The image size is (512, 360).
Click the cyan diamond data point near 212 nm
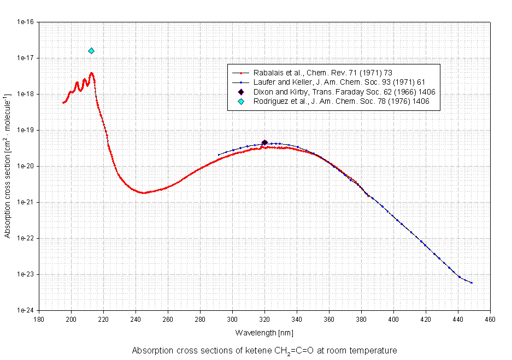click(x=91, y=51)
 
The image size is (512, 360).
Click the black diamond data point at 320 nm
click(x=264, y=143)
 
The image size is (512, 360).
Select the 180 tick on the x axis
click(x=38, y=320)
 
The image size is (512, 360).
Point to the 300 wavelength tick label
click(x=232, y=320)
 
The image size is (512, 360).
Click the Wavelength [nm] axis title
click(x=264, y=332)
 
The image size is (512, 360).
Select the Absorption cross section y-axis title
click(x=8, y=167)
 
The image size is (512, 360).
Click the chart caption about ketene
click(x=264, y=350)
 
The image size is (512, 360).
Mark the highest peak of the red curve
click(x=92, y=73)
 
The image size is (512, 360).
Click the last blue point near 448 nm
click(x=472, y=283)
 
